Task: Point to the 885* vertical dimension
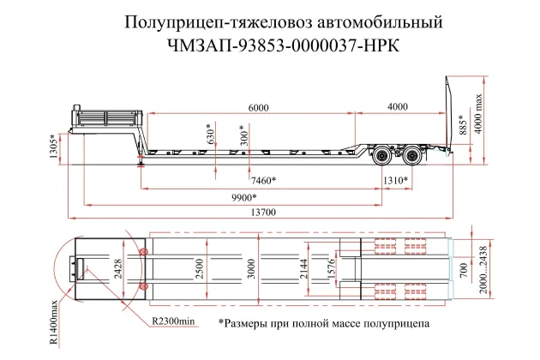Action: click(x=463, y=126)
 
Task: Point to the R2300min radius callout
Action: click(x=174, y=321)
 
